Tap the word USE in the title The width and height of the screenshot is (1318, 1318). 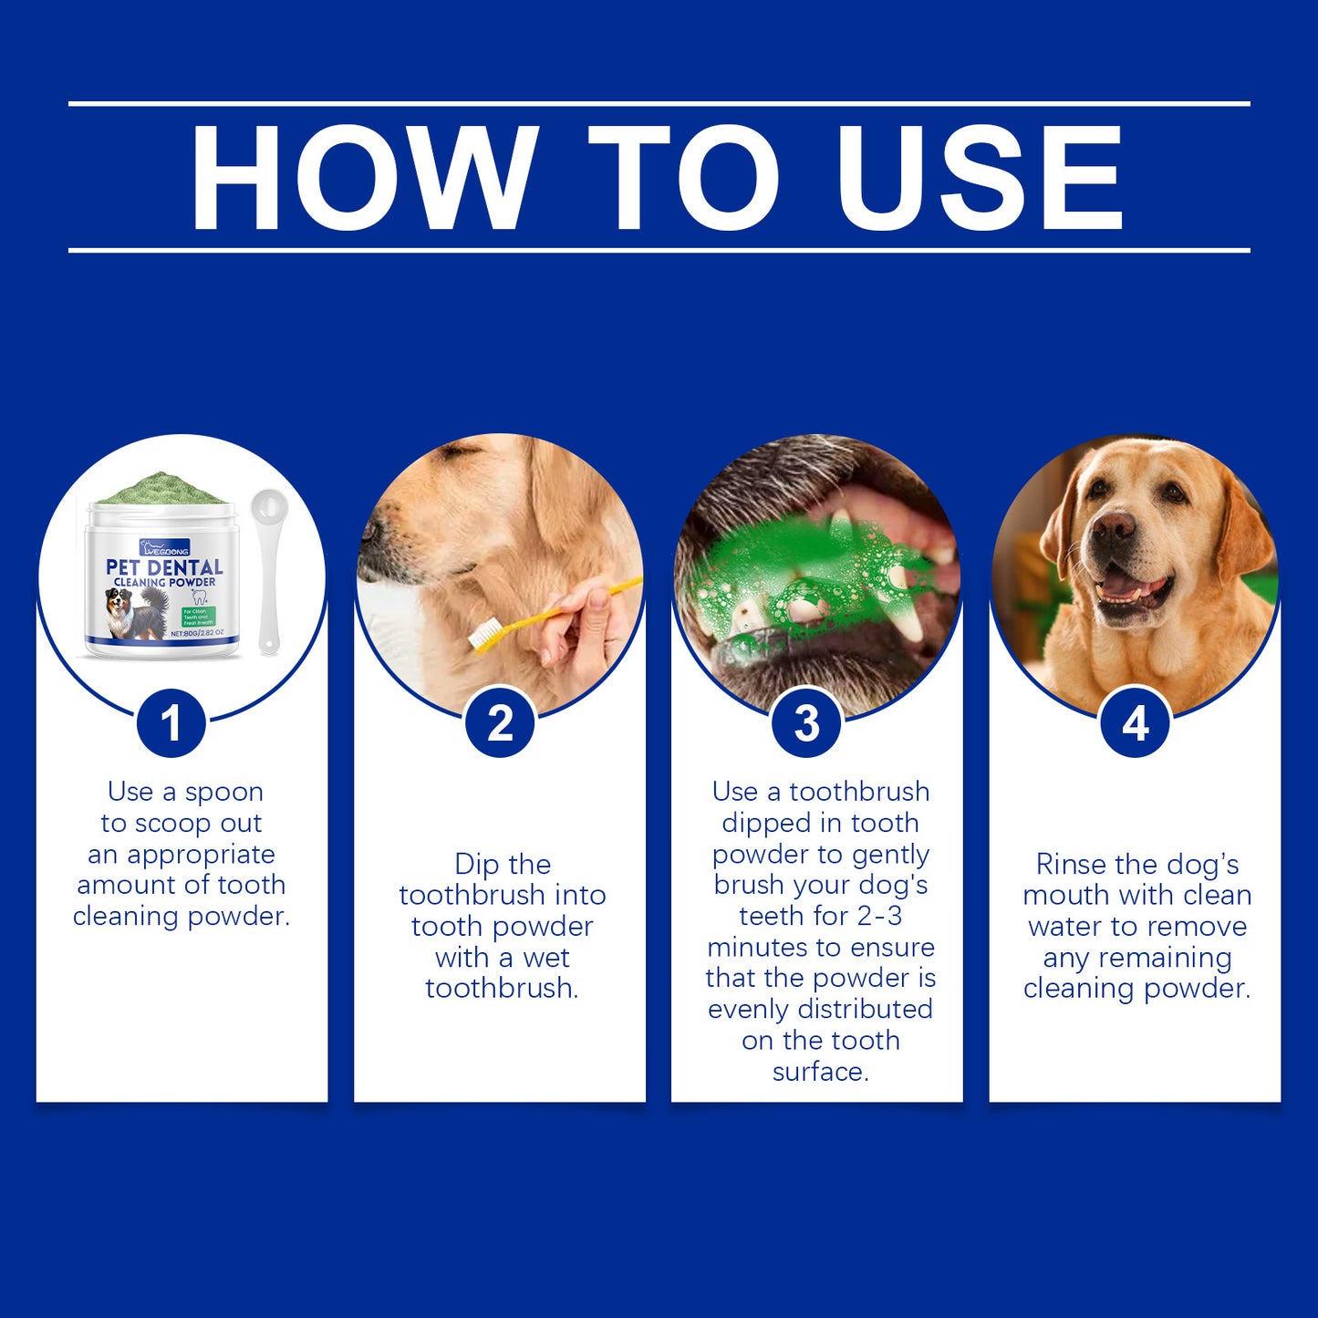coord(980,177)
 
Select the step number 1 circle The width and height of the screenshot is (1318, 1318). coord(171,724)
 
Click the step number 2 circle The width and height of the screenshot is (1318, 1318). coord(500,724)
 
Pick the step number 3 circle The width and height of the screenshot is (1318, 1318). coord(807,724)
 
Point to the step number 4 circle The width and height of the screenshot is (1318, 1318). coord(1135,724)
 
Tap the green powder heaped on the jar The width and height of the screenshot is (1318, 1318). coord(161,489)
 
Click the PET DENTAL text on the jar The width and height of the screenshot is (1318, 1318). coord(164,567)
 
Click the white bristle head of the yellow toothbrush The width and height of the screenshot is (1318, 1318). coord(484,635)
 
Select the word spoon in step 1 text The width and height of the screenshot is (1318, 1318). coord(223,793)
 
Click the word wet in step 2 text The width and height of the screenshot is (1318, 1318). coord(546,958)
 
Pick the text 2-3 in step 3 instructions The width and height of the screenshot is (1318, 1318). coord(879,916)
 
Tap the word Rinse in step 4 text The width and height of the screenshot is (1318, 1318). coord(1071,865)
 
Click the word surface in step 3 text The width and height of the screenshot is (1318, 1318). coord(820,1072)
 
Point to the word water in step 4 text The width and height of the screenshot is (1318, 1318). coord(1065,927)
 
